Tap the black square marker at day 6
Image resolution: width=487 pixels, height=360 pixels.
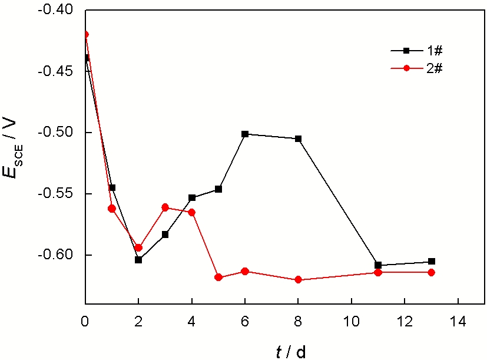(245, 134)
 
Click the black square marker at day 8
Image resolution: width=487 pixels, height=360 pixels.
(298, 138)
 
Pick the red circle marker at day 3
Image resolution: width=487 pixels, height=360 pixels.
(165, 207)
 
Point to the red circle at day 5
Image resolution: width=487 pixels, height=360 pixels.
(218, 277)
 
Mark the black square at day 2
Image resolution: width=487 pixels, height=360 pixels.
(138, 260)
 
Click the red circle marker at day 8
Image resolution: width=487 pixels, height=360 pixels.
(298, 279)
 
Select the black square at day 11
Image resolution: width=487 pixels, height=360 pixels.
(377, 265)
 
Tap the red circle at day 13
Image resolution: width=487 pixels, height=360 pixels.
(431, 272)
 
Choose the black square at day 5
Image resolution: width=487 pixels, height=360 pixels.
(218, 189)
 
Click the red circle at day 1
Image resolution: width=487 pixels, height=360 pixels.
(112, 209)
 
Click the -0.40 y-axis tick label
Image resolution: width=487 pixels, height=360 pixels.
(59, 10)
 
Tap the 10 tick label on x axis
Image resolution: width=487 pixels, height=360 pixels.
(351, 323)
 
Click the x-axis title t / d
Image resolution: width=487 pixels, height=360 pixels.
(290, 352)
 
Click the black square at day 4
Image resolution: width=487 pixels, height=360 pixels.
(192, 198)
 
